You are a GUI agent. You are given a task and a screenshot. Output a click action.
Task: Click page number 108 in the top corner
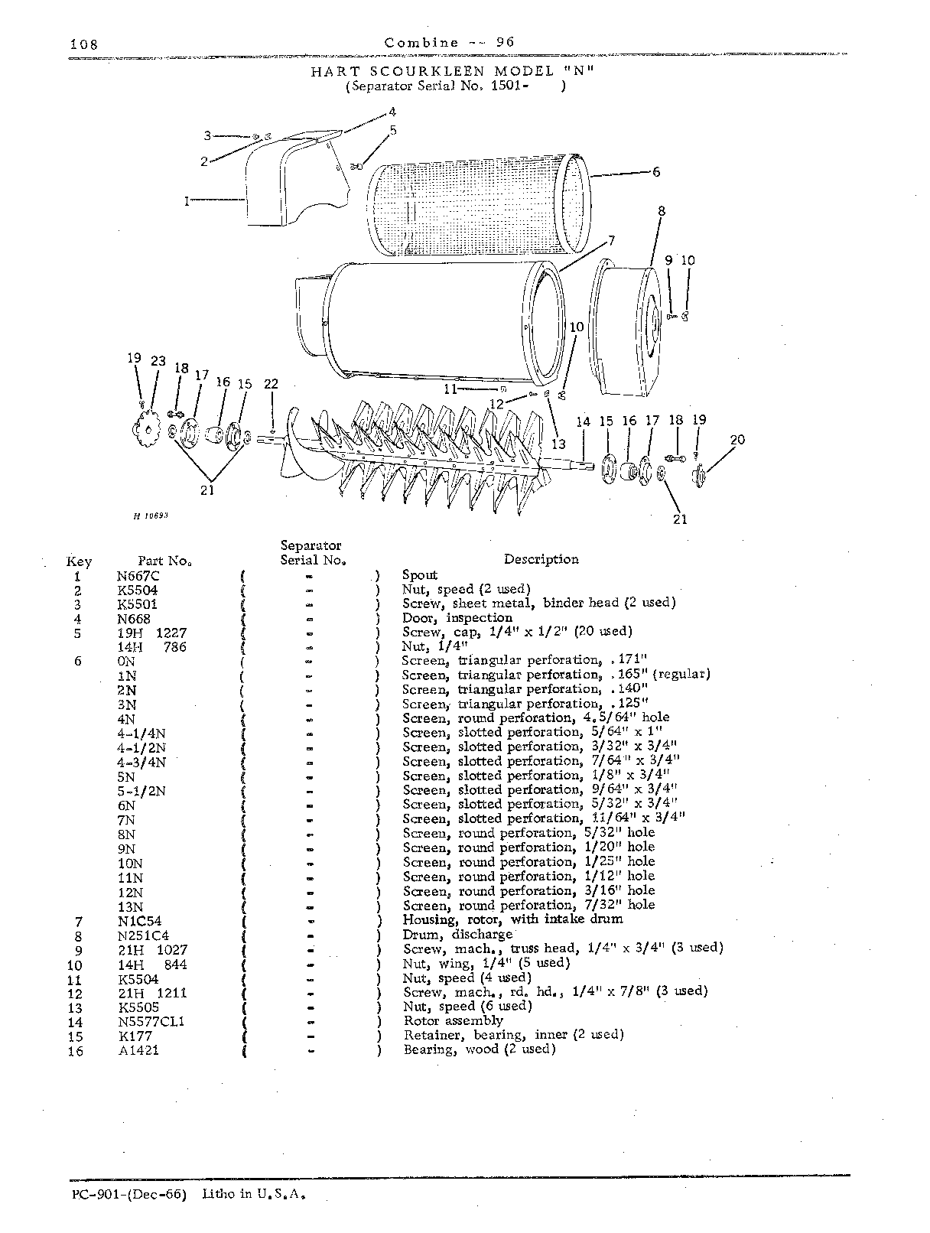click(x=84, y=44)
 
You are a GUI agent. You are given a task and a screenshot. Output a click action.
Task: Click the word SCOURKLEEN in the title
click(x=428, y=71)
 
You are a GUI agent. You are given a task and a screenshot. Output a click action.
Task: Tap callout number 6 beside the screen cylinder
click(x=656, y=172)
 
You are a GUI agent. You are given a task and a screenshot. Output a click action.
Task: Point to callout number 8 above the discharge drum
click(x=662, y=211)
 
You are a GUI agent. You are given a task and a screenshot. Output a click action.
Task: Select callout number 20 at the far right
click(x=737, y=440)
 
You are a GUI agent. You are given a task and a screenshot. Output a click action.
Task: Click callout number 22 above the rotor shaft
click(x=272, y=384)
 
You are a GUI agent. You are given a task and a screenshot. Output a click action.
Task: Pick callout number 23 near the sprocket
click(x=158, y=360)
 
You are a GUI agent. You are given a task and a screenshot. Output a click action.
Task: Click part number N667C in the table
click(x=138, y=576)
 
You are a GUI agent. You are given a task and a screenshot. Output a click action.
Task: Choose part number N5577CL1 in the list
click(x=151, y=1022)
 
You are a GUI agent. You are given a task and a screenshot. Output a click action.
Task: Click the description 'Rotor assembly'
click(x=454, y=1020)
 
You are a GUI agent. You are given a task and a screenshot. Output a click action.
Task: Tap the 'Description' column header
click(x=541, y=559)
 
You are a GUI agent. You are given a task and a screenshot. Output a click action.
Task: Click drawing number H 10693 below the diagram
click(x=151, y=516)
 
